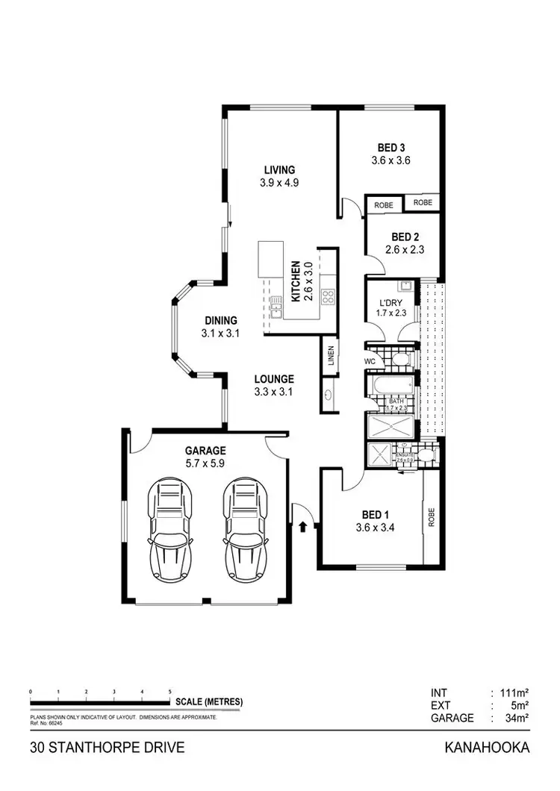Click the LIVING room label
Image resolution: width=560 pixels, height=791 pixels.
(277, 169)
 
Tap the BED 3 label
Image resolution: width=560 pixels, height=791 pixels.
(391, 147)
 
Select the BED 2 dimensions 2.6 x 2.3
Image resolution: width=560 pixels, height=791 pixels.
(405, 251)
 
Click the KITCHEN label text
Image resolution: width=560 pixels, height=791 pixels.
(296, 281)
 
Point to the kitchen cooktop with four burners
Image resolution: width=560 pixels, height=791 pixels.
(327, 297)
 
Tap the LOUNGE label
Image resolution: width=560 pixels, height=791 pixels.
(273, 378)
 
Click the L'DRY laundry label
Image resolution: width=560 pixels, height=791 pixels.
(391, 302)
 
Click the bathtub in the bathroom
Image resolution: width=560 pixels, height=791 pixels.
(391, 386)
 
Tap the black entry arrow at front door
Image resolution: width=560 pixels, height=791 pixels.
(302, 527)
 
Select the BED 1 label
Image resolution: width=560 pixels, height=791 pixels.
(376, 515)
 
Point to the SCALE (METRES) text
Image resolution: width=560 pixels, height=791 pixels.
(209, 702)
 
